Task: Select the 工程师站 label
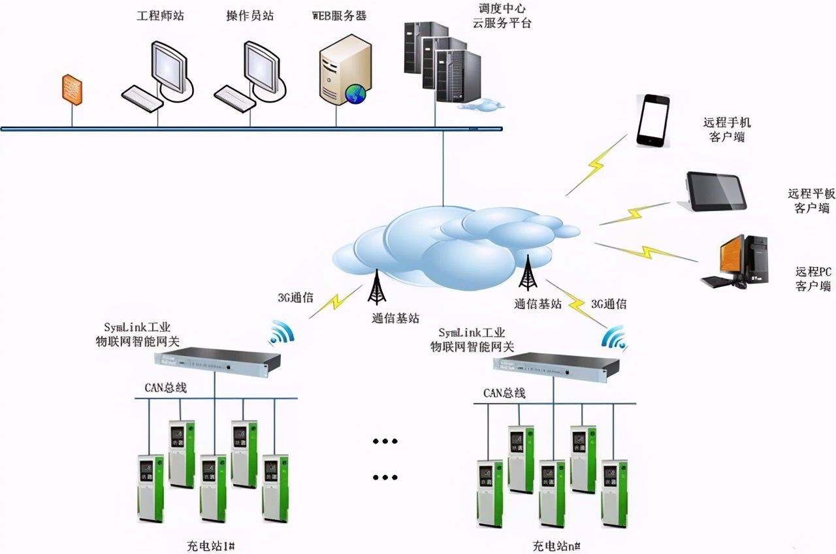pyautogui.click(x=160, y=15)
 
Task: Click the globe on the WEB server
pyautogui.click(x=355, y=95)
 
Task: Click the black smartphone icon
pyautogui.click(x=653, y=121)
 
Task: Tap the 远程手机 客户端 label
pyautogui.click(x=727, y=129)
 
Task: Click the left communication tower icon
pyautogui.click(x=377, y=287)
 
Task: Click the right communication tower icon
pyautogui.click(x=527, y=272)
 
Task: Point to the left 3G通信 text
pyautogui.click(x=295, y=297)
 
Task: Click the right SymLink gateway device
pyautogui.click(x=556, y=365)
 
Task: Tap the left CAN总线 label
pyautogui.click(x=166, y=387)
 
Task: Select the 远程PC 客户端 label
pyautogui.click(x=813, y=278)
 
